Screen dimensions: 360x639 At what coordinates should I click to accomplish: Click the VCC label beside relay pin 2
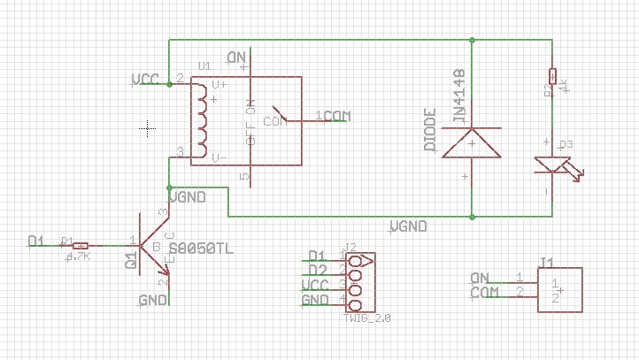pos(145,80)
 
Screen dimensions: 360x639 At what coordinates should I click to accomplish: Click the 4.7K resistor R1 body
pos(80,245)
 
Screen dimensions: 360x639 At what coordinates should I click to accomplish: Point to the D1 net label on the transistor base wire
pos(36,241)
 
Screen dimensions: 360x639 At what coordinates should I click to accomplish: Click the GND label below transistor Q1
pos(153,301)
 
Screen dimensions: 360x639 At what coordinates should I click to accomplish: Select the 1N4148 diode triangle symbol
pos(472,143)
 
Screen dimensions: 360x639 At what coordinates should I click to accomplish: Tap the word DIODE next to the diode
pos(430,132)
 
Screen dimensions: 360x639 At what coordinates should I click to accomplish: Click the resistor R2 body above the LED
pos(553,76)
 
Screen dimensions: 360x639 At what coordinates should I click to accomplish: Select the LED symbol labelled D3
pos(551,164)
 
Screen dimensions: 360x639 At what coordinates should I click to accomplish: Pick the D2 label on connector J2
pos(317,270)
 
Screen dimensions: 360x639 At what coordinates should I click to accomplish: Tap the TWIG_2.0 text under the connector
pos(365,316)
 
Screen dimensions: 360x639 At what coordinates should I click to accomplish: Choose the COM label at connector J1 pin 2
pos(484,292)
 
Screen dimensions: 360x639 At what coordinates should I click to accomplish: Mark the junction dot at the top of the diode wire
pos(472,40)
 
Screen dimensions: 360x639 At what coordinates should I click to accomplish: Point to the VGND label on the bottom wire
pos(408,227)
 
